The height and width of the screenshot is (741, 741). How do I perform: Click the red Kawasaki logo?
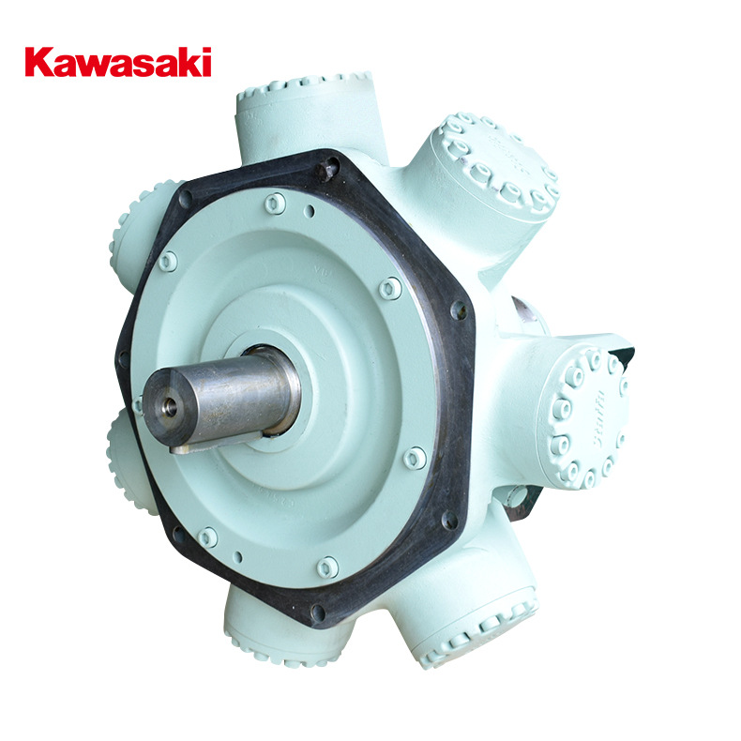118,62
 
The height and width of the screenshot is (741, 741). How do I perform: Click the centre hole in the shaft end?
169,405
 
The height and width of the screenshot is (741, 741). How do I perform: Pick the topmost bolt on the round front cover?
274,203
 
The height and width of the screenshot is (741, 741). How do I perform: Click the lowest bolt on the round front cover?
327,567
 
